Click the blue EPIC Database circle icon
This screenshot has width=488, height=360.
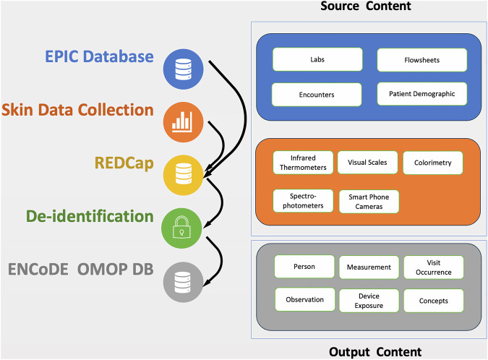click(184, 69)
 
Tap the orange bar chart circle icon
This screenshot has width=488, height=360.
click(184, 122)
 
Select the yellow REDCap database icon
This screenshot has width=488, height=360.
click(184, 175)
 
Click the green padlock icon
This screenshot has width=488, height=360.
click(181, 228)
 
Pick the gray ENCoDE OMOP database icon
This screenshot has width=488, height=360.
click(184, 282)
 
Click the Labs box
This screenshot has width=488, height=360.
click(317, 59)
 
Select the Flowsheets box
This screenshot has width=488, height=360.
click(422, 60)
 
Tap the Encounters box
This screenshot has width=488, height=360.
click(317, 95)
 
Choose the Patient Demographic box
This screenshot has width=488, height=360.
click(422, 94)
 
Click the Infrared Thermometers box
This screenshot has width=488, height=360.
click(303, 163)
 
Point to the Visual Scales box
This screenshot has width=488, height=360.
click(367, 162)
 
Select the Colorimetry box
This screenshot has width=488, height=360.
click(433, 163)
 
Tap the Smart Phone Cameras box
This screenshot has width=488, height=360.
click(369, 202)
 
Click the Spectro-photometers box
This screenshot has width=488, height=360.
click(303, 201)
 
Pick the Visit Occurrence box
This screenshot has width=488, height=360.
click(434, 267)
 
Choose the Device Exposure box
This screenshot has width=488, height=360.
click(369, 301)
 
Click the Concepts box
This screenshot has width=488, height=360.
click(434, 301)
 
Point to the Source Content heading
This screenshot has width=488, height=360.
click(366, 6)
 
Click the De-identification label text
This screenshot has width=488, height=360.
click(90, 216)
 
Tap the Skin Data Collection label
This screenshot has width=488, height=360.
click(77, 110)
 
